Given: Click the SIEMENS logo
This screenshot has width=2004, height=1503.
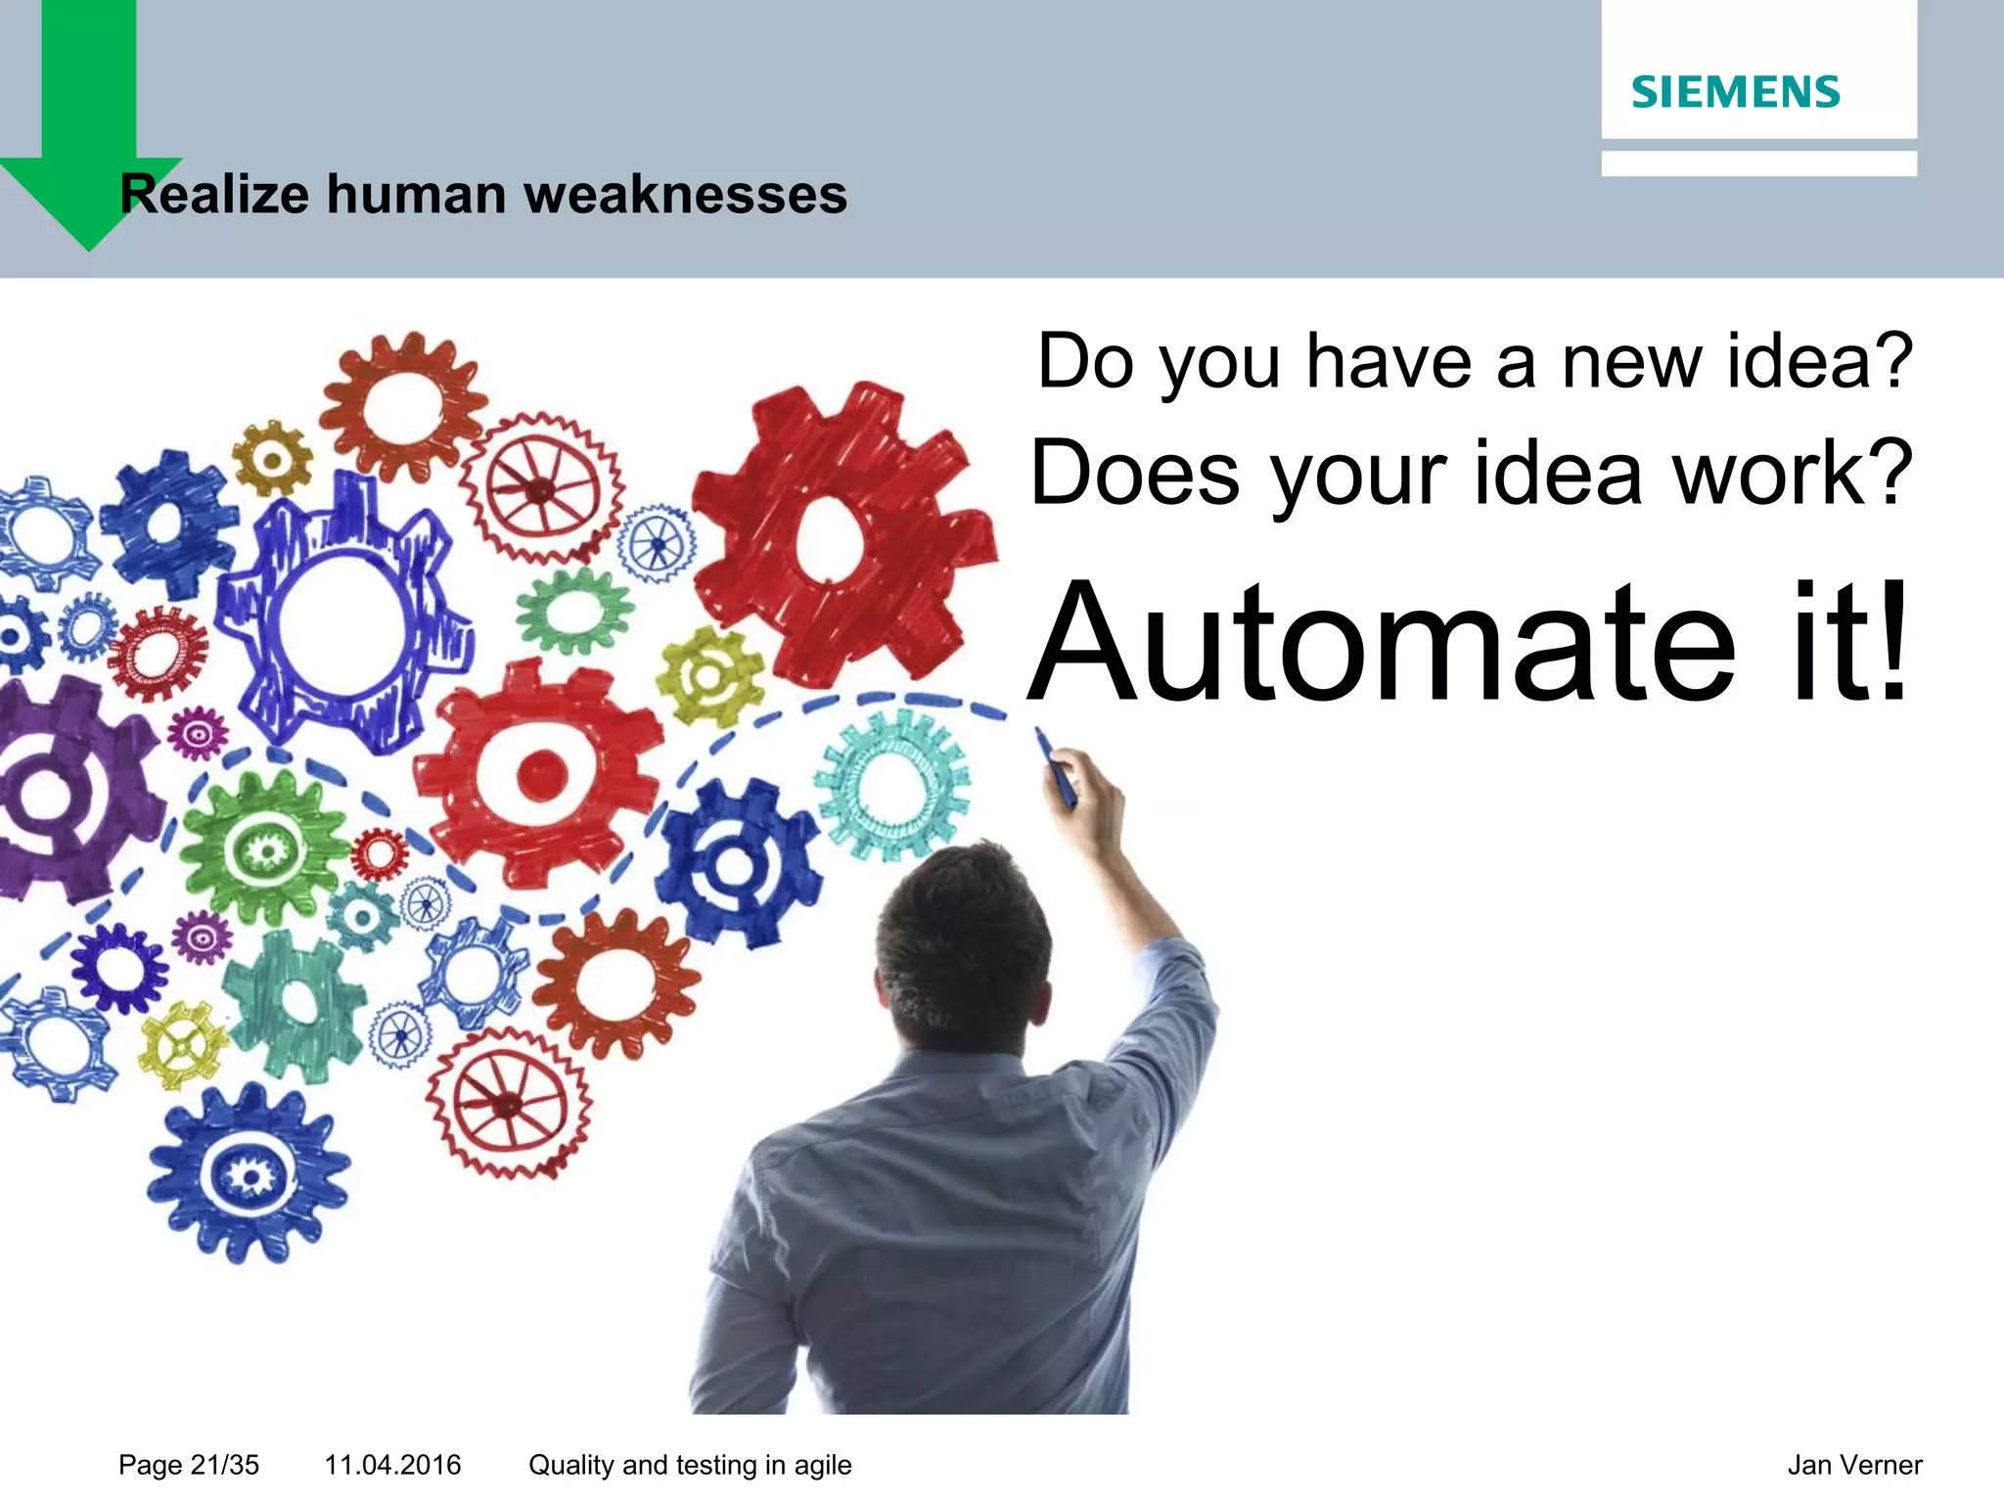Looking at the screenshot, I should [x=1735, y=92].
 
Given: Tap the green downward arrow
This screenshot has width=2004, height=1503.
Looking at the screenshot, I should [x=88, y=127].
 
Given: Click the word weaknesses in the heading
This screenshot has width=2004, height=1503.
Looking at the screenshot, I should [x=685, y=194].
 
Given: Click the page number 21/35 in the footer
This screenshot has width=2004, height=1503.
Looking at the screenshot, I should [x=224, y=1465].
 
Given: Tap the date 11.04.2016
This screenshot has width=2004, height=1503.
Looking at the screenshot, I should [x=392, y=1465].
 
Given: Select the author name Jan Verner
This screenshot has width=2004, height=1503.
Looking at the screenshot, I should [x=1854, y=1465].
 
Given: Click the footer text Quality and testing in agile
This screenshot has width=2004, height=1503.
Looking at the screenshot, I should [x=690, y=1465].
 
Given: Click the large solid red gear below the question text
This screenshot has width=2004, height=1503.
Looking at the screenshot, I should [x=837, y=533].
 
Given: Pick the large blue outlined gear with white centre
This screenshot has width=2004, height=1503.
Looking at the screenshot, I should [x=342, y=616].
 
